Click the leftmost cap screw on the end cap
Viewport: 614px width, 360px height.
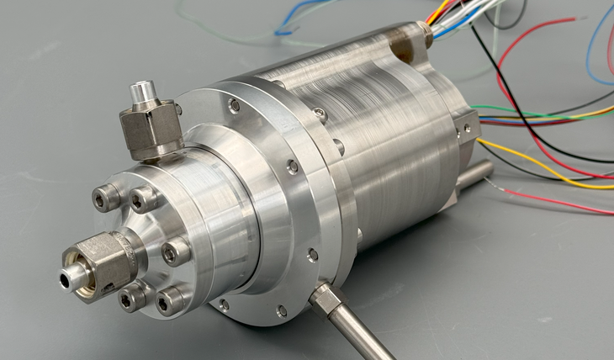click(105, 199)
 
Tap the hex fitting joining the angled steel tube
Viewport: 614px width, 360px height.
click(323, 296)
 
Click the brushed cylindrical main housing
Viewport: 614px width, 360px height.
click(395, 135)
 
